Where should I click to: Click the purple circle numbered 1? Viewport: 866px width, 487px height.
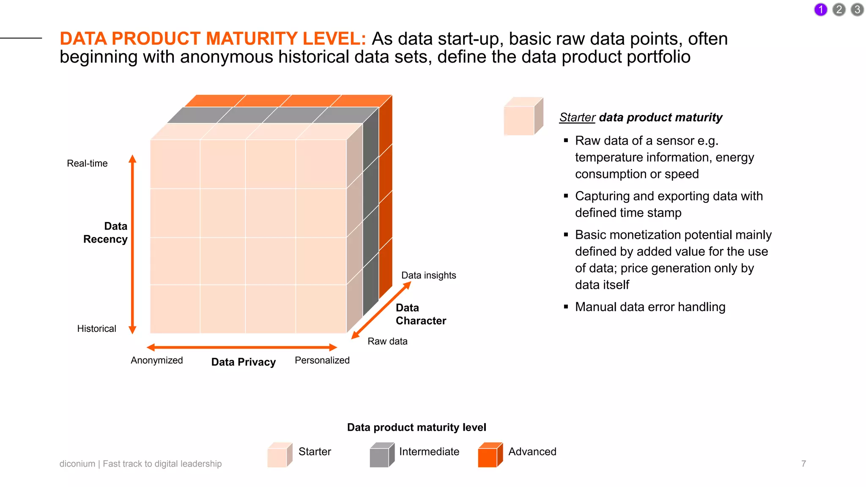(820, 9)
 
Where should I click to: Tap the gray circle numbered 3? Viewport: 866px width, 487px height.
(857, 9)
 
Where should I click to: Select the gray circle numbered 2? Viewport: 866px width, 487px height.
(839, 9)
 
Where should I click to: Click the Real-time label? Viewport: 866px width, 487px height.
(87, 163)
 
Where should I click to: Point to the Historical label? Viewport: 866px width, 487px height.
(96, 328)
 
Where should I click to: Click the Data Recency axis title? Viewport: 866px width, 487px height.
(106, 233)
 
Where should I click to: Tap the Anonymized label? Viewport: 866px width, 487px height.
(156, 360)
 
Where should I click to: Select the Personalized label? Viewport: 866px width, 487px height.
(322, 360)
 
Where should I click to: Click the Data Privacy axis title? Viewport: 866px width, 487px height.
(243, 362)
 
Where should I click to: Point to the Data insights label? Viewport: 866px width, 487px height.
(428, 275)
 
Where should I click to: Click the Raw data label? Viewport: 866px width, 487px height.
(387, 341)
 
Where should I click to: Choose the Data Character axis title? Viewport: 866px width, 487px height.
(420, 314)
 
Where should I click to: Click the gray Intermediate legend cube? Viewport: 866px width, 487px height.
(381, 455)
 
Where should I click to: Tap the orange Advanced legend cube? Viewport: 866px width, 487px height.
(489, 455)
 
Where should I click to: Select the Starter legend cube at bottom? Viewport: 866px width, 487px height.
(279, 455)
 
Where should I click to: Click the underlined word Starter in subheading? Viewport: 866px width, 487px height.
(577, 117)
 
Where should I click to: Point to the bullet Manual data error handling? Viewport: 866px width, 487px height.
(650, 307)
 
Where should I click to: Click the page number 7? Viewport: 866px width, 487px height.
(803, 464)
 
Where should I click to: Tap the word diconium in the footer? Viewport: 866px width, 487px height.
(77, 464)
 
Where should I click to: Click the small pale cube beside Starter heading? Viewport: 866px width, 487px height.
(523, 117)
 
